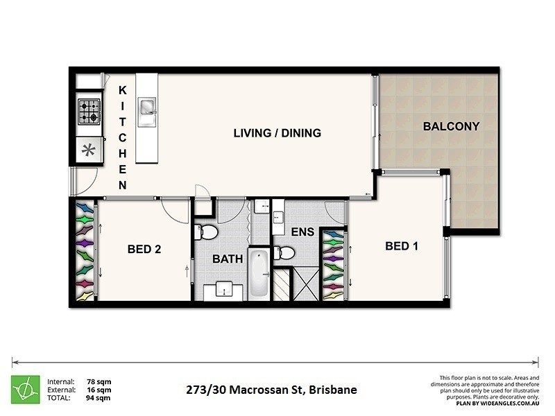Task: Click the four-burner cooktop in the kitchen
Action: click(88, 112)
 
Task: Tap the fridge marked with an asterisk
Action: click(88, 149)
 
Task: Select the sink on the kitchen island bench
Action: click(147, 107)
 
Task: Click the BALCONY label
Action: click(451, 126)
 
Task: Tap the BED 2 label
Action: click(144, 250)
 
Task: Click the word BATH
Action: click(227, 259)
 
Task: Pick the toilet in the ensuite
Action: click(283, 254)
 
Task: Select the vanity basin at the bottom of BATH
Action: click(225, 290)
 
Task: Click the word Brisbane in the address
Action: click(333, 390)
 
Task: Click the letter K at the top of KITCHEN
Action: click(122, 89)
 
